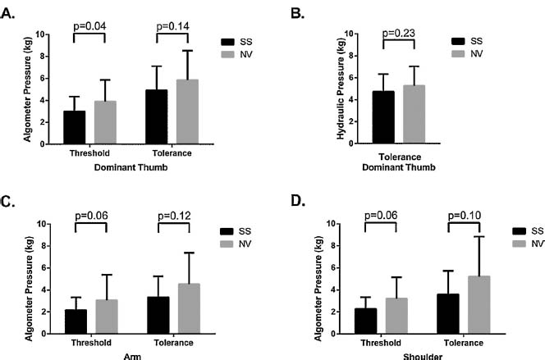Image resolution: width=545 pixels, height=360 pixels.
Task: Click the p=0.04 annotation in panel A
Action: (x=90, y=26)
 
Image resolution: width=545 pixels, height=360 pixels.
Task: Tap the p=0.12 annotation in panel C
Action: (x=173, y=217)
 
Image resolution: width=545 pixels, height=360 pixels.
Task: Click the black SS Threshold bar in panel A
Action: (x=75, y=127)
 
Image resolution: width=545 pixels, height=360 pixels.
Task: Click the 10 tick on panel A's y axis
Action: (x=42, y=34)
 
